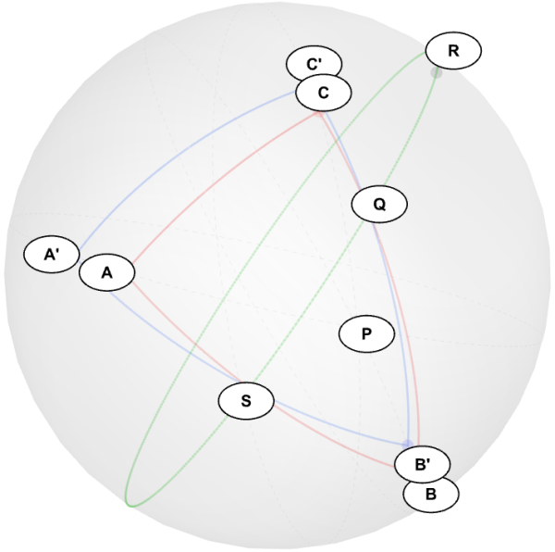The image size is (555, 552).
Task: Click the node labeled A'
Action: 52,255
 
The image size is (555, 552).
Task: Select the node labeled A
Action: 107,273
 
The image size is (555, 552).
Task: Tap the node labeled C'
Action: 314,64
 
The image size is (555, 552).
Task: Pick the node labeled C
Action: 324,93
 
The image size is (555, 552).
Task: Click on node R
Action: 453,51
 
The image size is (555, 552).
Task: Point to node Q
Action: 379,204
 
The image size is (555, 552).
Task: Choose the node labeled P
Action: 366,333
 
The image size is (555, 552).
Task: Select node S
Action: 246,401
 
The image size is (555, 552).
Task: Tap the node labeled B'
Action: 423,464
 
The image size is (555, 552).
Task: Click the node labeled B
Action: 431,494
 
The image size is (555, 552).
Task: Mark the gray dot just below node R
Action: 436,72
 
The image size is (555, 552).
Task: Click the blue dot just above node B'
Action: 408,445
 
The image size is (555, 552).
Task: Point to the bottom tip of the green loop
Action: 130,506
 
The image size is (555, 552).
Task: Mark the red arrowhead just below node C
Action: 320,114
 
